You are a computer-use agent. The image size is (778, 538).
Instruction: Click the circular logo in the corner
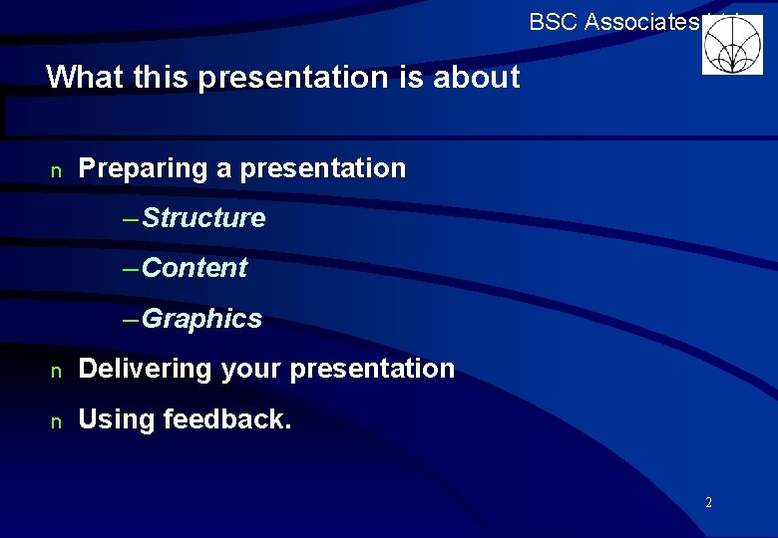[x=732, y=45]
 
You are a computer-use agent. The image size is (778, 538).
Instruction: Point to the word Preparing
[x=144, y=169]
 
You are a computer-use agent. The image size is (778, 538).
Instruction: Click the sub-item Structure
[x=204, y=218]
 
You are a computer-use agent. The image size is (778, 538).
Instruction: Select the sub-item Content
[x=195, y=268]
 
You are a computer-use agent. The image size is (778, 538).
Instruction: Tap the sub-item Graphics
[x=202, y=319]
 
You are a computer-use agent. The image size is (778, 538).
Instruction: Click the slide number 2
[x=708, y=502]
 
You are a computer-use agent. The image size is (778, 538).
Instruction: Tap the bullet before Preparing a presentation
[x=56, y=170]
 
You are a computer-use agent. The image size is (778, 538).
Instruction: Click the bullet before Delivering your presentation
[x=56, y=371]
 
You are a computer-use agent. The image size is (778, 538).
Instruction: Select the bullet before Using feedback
[x=56, y=421]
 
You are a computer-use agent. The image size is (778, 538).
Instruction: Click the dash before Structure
[x=131, y=218]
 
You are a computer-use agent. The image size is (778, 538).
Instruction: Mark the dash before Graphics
[x=131, y=319]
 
